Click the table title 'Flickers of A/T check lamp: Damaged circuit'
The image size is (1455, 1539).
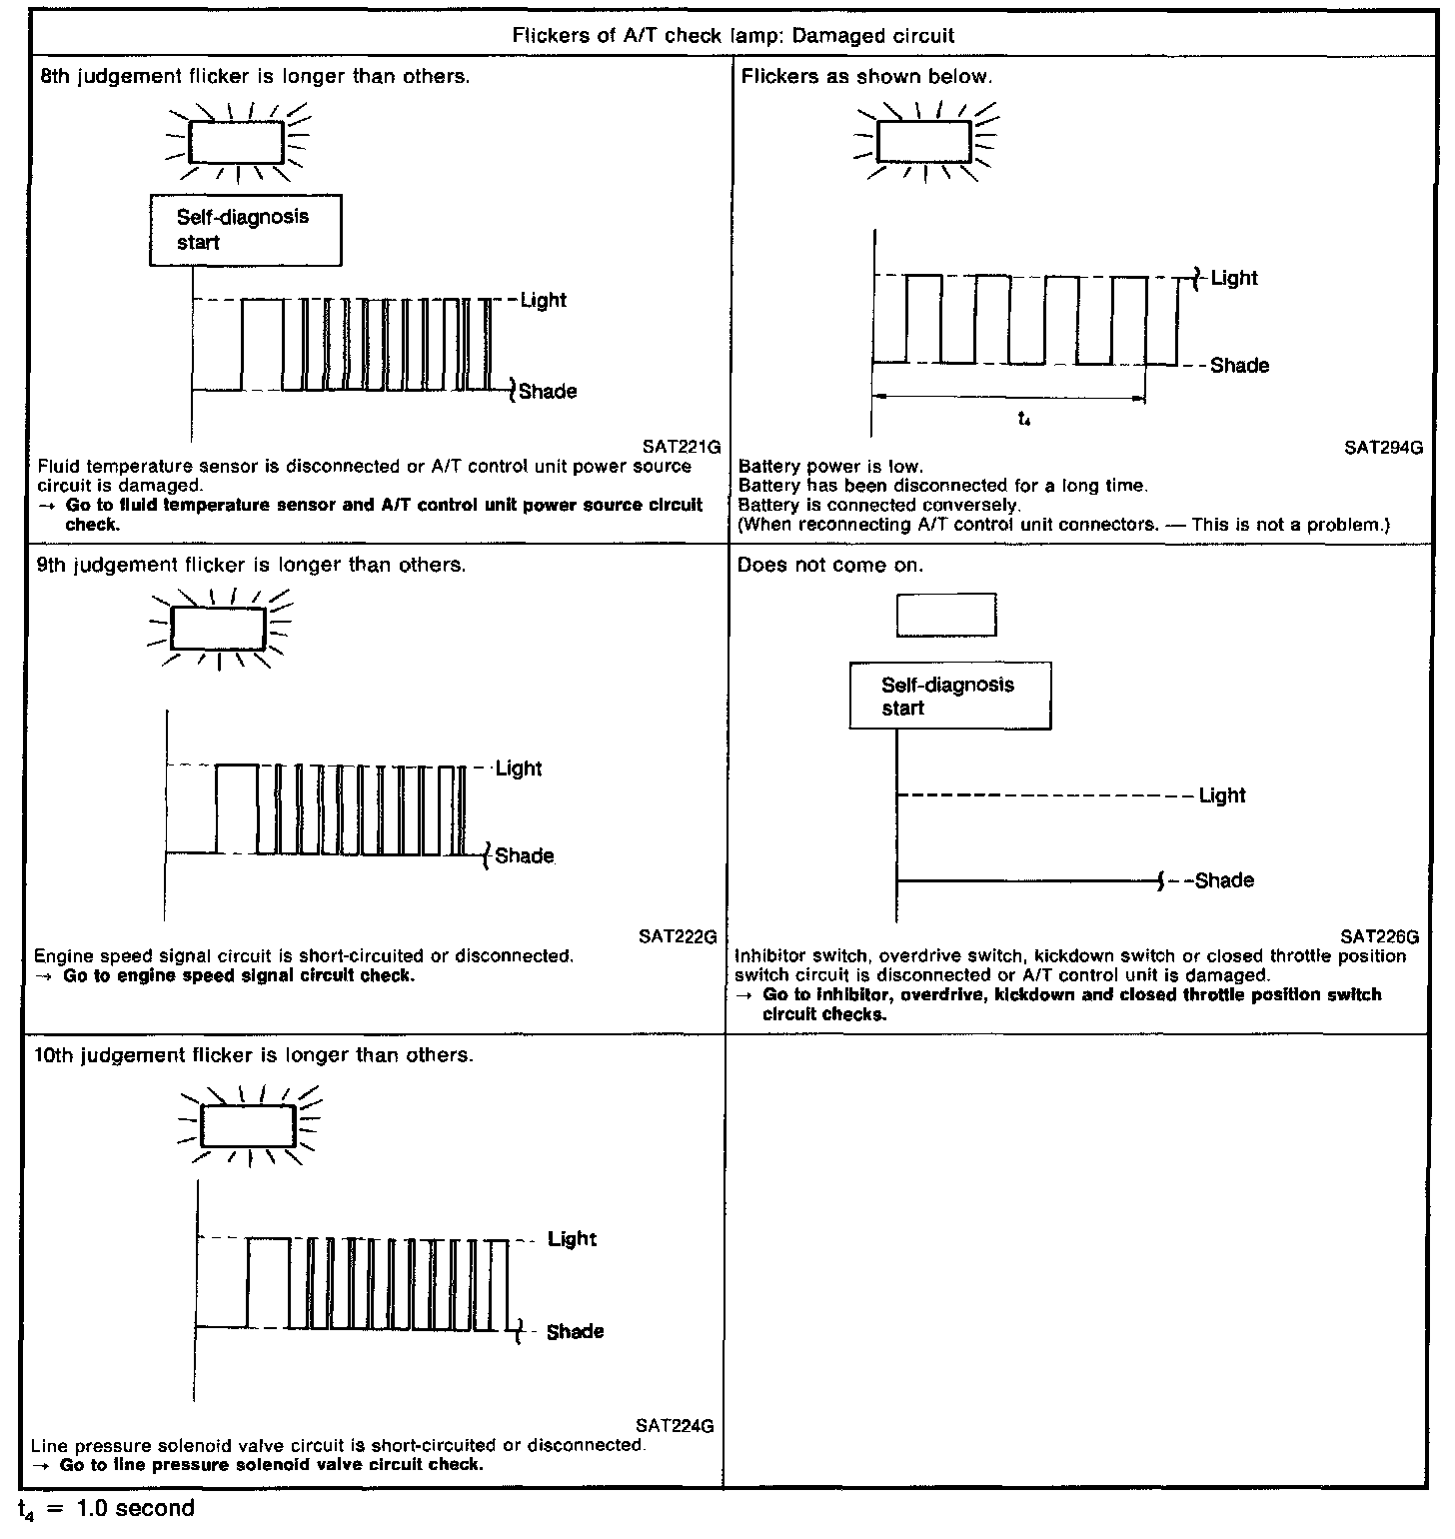click(x=732, y=36)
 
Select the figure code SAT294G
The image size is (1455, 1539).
click(x=1383, y=448)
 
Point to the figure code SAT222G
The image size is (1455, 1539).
click(x=679, y=936)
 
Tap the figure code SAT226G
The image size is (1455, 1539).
click(x=1379, y=936)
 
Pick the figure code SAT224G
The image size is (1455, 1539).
click(x=675, y=1426)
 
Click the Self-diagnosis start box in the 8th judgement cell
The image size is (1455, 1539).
click(x=245, y=230)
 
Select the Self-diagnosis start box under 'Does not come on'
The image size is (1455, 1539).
click(x=949, y=697)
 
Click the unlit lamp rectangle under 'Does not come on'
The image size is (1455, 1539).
click(x=945, y=615)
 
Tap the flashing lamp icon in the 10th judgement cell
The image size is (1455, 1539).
click(x=248, y=1126)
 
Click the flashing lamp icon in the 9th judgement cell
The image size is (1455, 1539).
click(x=219, y=629)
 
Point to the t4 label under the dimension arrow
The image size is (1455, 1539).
click(x=1024, y=420)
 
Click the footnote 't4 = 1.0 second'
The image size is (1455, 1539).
click(x=106, y=1508)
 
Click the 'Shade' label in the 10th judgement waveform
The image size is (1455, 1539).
click(x=575, y=1331)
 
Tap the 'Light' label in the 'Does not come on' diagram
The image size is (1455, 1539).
click(x=1222, y=795)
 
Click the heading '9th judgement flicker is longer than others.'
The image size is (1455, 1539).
click(x=251, y=565)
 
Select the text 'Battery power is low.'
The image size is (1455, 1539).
click(x=830, y=467)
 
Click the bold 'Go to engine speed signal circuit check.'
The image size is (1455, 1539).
click(x=238, y=975)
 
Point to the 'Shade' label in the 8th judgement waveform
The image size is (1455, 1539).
click(x=548, y=391)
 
